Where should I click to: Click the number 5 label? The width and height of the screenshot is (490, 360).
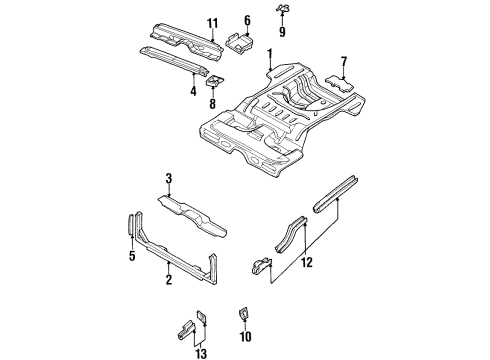point(130,256)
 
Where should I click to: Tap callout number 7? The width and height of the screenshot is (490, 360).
point(344,61)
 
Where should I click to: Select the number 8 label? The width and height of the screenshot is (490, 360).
point(212,101)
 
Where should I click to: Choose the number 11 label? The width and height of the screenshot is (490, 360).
point(211,24)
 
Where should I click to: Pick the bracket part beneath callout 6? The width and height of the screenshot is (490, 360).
point(240,41)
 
